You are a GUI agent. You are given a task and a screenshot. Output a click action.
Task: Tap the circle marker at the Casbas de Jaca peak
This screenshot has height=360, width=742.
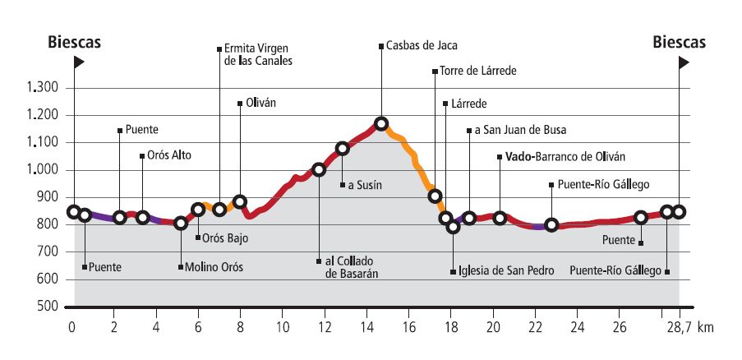coord(381,124)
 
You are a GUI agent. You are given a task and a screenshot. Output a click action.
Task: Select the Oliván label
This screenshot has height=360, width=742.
coord(260,104)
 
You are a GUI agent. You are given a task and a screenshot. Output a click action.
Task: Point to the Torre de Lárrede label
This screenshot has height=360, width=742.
coord(477,72)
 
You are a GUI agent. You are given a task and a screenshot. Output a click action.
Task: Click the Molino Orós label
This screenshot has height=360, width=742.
coord(214,266)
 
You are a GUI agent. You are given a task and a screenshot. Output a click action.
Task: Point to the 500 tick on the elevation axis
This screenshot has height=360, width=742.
coord(49,307)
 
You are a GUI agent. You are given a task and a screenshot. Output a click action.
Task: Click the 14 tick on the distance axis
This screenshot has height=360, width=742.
coord(366,327)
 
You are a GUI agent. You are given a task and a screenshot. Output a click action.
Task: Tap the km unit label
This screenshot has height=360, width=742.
coord(705,327)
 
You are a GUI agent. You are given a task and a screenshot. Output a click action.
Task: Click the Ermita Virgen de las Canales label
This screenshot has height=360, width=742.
coord(257,54)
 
